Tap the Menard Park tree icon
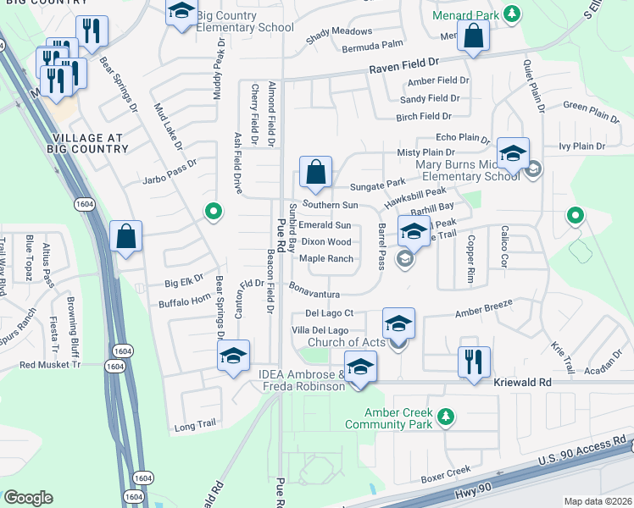click(511, 14)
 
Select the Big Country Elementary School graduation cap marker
click(180, 13)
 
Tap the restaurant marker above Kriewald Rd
click(473, 361)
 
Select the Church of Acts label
click(347, 342)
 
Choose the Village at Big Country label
click(88, 143)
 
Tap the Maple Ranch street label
click(326, 258)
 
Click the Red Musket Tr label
click(49, 364)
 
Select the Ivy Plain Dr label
click(582, 146)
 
